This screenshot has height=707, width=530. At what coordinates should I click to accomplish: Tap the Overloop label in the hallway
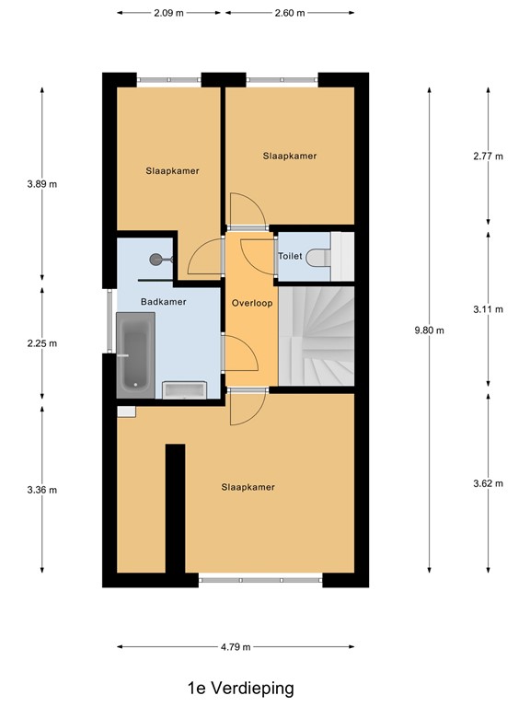pyautogui.click(x=250, y=303)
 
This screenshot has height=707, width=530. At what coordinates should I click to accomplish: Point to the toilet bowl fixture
pyautogui.click(x=321, y=258)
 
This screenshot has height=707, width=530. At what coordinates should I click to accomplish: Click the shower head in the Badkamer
pyautogui.click(x=156, y=260)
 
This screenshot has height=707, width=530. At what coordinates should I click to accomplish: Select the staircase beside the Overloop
pyautogui.click(x=317, y=337)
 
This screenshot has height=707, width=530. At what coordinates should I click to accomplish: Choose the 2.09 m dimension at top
pyautogui.click(x=168, y=13)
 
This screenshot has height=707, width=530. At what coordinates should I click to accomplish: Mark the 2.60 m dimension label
pyautogui.click(x=289, y=13)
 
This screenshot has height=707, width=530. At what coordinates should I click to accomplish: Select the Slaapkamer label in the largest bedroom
pyautogui.click(x=248, y=487)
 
